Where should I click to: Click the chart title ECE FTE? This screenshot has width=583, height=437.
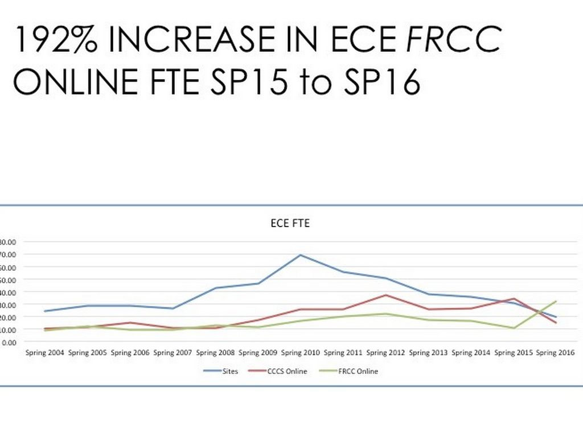[290, 224]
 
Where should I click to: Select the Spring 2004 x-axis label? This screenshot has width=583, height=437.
[44, 353]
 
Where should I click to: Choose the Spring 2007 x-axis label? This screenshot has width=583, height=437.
[173, 353]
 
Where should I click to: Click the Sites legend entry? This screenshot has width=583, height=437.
[221, 372]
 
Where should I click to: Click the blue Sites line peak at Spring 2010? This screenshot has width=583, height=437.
[300, 255]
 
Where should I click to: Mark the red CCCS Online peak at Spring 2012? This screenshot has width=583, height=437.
[385, 295]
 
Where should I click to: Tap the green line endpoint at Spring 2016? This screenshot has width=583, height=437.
[556, 301]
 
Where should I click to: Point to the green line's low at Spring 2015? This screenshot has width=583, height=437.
[514, 328]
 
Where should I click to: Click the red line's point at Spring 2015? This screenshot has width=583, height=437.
[514, 298]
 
